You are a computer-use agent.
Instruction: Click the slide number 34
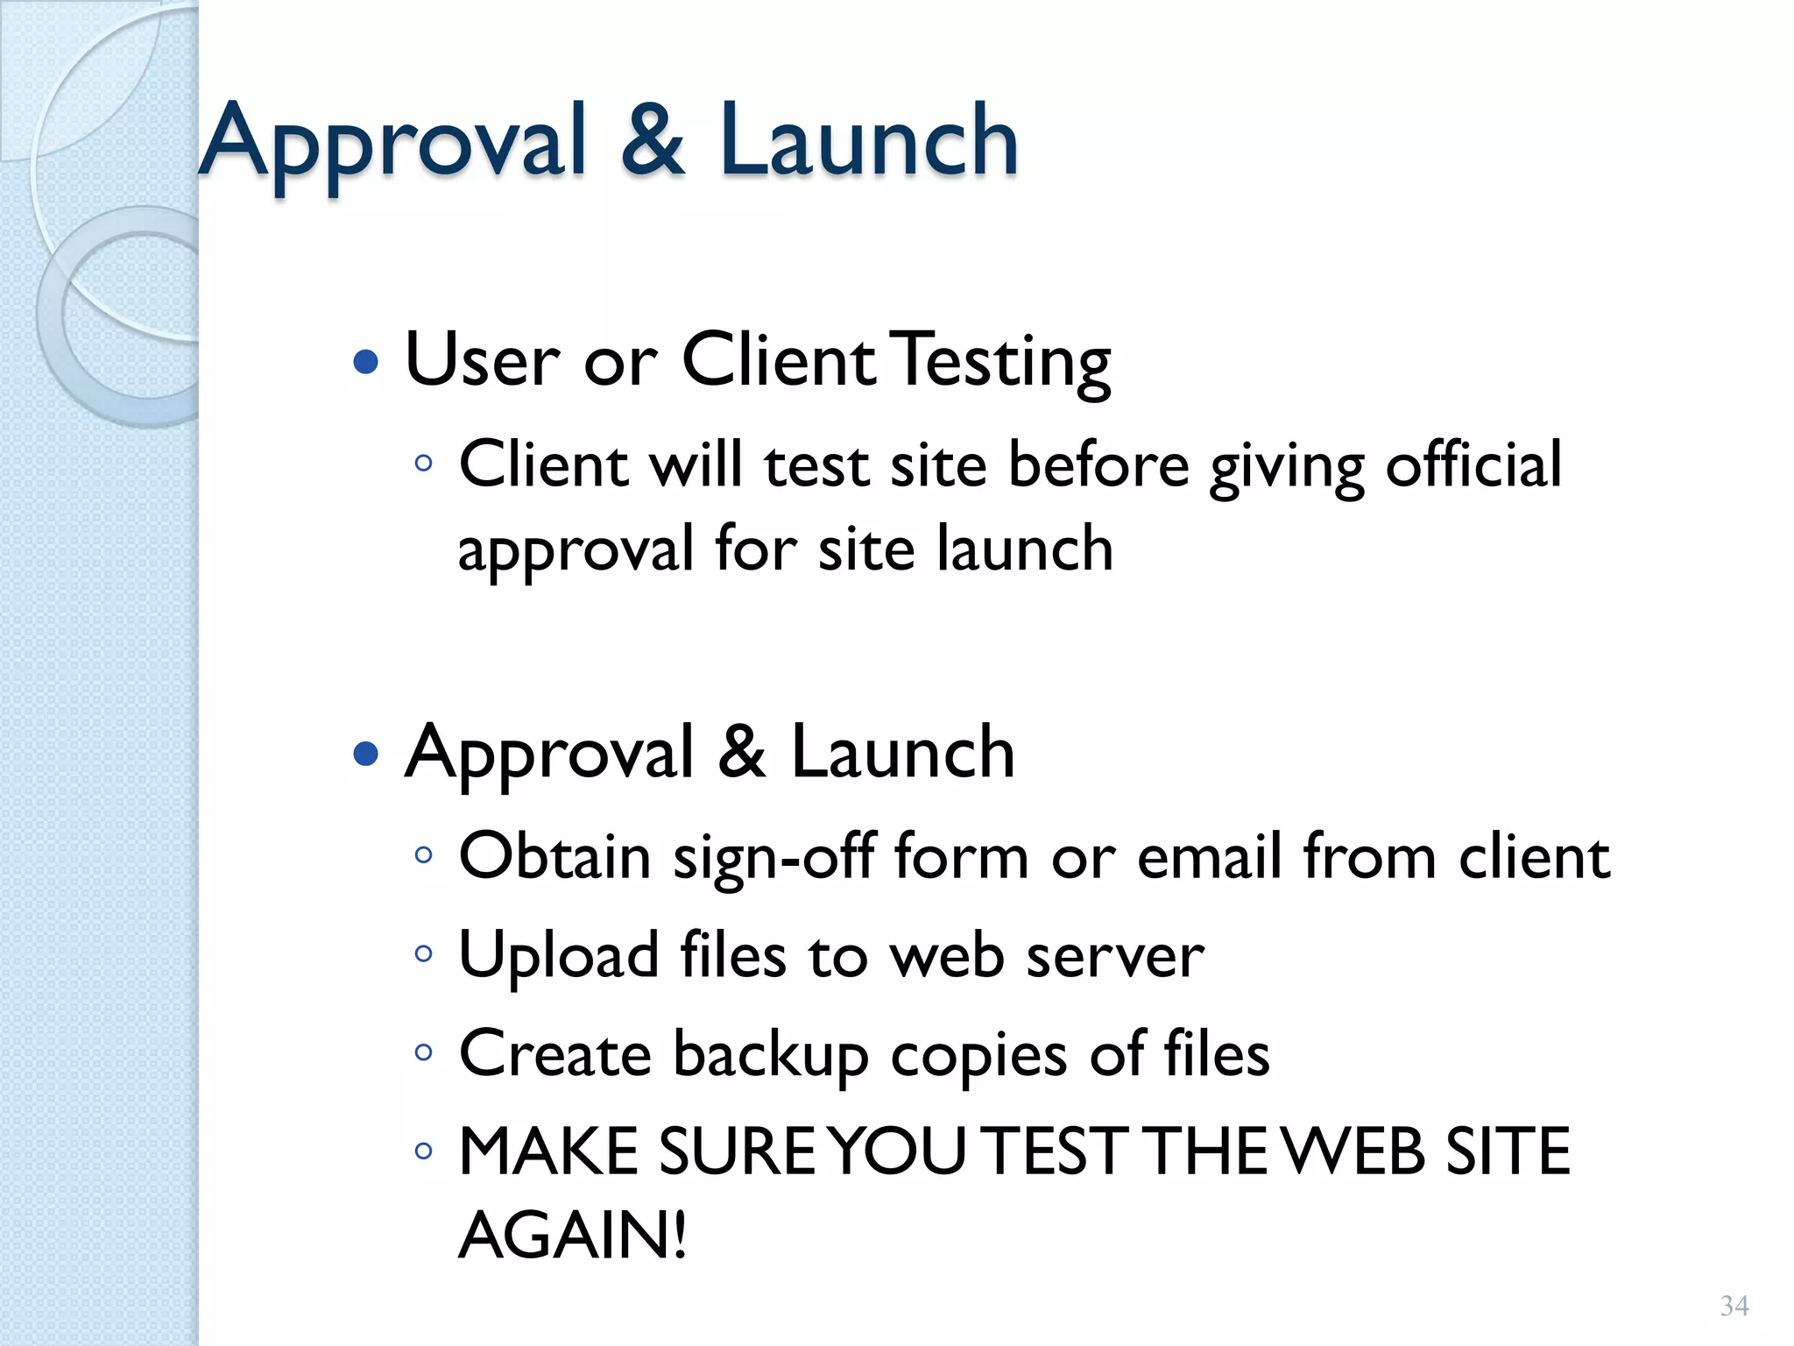click(1734, 1306)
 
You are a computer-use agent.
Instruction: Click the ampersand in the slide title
click(653, 140)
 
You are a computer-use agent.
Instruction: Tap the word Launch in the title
click(869, 140)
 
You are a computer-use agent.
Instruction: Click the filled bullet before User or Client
click(365, 361)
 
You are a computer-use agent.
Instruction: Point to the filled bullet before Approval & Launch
click(365, 753)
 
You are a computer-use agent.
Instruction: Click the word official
click(1473, 464)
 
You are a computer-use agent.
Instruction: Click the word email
click(1209, 857)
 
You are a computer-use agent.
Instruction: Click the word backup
click(771, 1054)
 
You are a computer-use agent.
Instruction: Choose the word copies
click(979, 1054)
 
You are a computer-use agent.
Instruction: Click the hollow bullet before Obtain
click(424, 855)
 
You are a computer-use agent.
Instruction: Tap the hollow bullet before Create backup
click(424, 1052)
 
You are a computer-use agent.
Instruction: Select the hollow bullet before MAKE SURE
click(424, 1151)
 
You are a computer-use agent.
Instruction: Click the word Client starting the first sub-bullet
click(543, 464)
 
